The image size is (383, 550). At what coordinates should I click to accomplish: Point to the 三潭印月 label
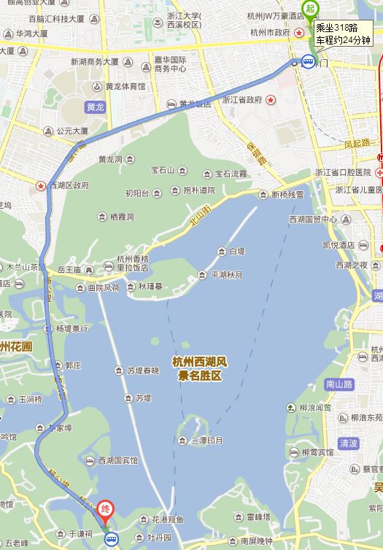(206, 441)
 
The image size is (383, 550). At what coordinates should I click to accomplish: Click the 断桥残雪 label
(287, 195)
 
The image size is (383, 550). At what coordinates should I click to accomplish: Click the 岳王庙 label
(69, 270)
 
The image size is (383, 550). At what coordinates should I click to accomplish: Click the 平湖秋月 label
(229, 275)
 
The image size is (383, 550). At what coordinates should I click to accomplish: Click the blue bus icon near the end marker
(110, 539)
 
